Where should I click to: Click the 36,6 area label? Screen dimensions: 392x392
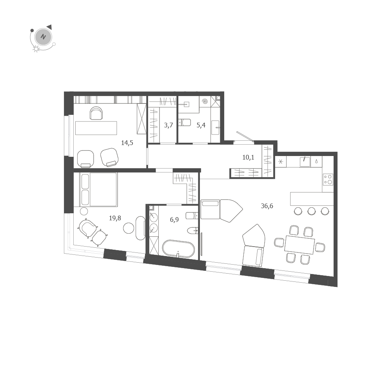click(x=267, y=206)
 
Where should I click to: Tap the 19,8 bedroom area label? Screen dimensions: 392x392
click(x=115, y=218)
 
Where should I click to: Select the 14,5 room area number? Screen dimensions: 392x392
click(x=127, y=143)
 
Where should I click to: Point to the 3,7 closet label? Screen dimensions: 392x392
click(x=169, y=125)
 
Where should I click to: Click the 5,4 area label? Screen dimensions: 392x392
click(x=201, y=125)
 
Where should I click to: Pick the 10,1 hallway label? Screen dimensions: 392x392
click(x=248, y=158)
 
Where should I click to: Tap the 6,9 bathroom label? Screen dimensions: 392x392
click(x=174, y=220)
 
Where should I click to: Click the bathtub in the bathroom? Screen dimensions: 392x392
click(x=178, y=249)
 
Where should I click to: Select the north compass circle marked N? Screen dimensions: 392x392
click(x=43, y=37)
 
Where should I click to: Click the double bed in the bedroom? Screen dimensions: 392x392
click(x=98, y=189)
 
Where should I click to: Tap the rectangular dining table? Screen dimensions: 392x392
click(x=299, y=245)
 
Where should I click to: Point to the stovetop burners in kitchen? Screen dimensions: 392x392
click(x=328, y=180)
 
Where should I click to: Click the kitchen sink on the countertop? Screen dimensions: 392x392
click(x=305, y=162)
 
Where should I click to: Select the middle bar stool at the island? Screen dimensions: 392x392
click(x=311, y=211)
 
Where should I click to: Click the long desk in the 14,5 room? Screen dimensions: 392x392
click(x=96, y=128)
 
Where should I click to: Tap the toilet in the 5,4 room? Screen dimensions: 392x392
click(x=184, y=122)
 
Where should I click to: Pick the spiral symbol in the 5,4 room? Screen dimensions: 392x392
click(x=205, y=102)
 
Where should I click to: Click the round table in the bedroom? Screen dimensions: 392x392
click(x=129, y=228)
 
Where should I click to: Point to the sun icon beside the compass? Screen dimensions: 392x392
click(x=36, y=49)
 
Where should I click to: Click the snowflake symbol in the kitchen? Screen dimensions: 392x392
click(x=280, y=162)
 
